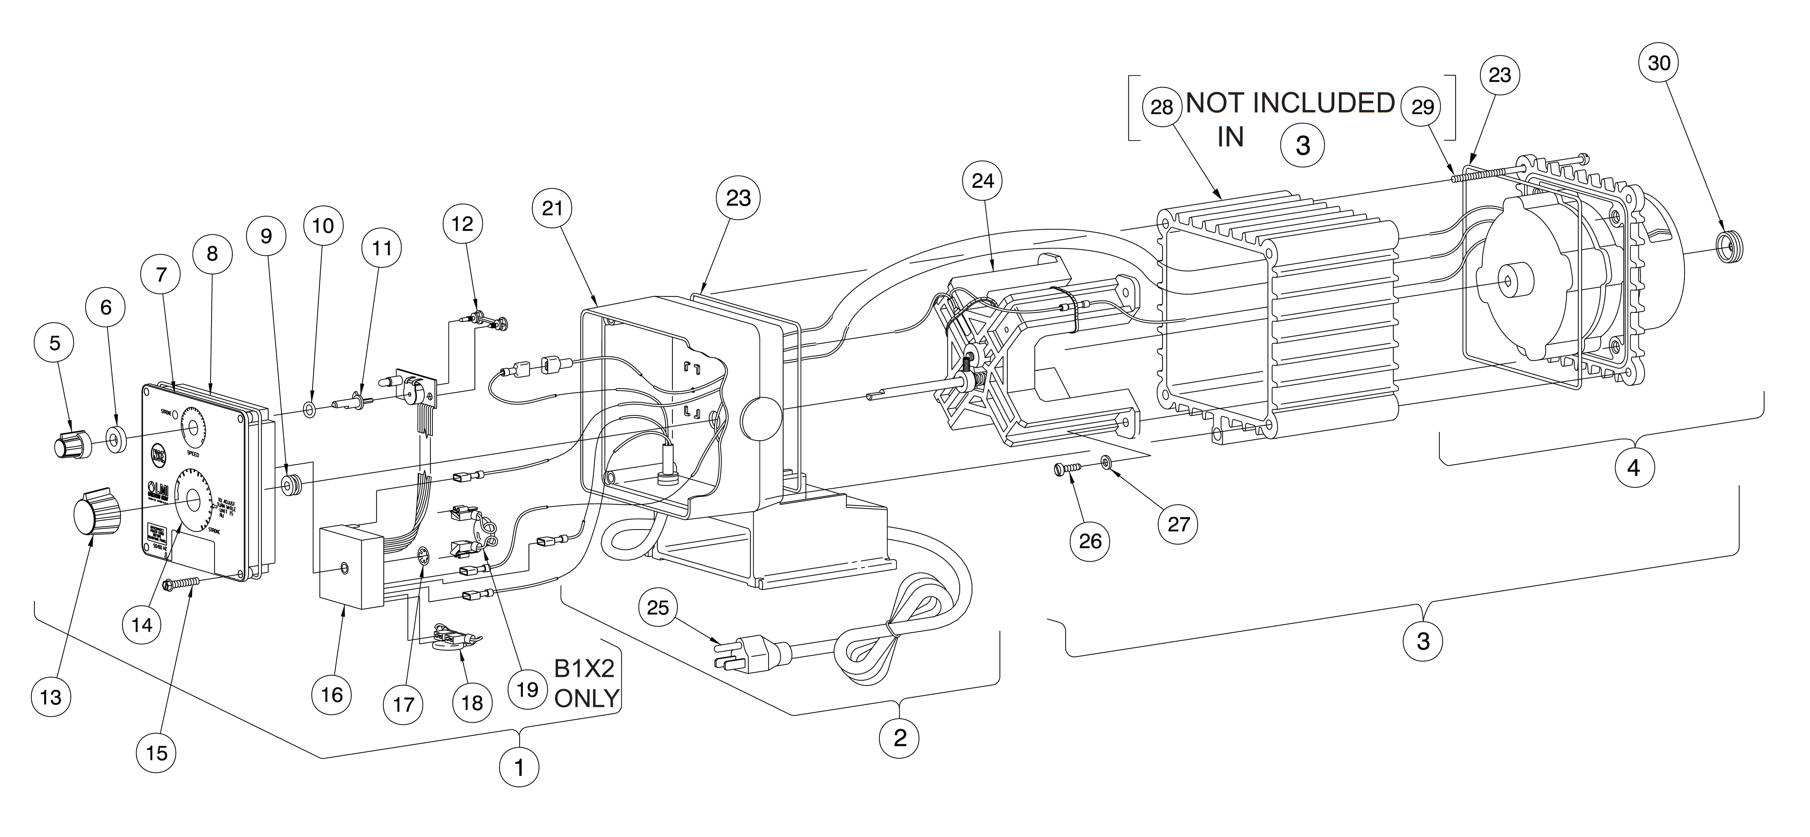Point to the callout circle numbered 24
coord(982,181)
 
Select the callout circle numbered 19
coord(527,690)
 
